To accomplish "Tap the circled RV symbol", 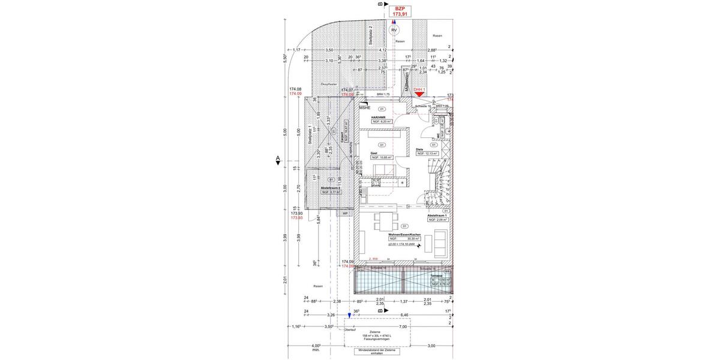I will pyautogui.click(x=394, y=29).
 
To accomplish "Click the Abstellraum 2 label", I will pyautogui.click(x=331, y=188).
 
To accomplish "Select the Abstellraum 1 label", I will pyautogui.click(x=437, y=215).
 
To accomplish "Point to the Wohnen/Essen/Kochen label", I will pyautogui.click(x=404, y=234).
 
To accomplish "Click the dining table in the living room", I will pyautogui.click(x=384, y=221).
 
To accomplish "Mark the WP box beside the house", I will pyautogui.click(x=345, y=213).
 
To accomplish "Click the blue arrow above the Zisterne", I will pyautogui.click(x=349, y=314).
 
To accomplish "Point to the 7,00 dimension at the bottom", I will pyautogui.click(x=403, y=327).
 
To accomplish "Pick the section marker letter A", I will pyautogui.click(x=278, y=159).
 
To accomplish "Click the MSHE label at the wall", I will pyautogui.click(x=365, y=107).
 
